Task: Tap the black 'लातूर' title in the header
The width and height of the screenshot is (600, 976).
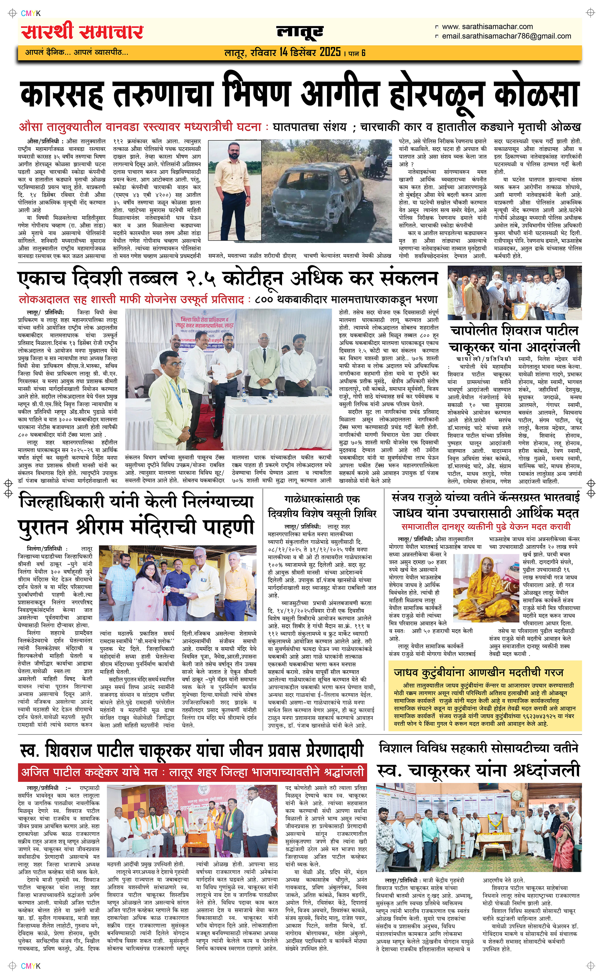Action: click(300, 32)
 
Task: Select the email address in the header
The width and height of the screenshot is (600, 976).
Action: click(506, 36)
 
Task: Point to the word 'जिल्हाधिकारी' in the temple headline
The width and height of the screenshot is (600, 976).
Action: click(75, 502)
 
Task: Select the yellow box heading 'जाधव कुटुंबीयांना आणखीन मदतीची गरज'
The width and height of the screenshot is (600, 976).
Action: click(478, 673)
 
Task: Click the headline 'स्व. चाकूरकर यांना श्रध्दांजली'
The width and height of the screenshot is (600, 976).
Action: click(478, 770)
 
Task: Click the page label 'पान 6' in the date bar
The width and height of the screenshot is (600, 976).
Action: click(357, 53)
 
